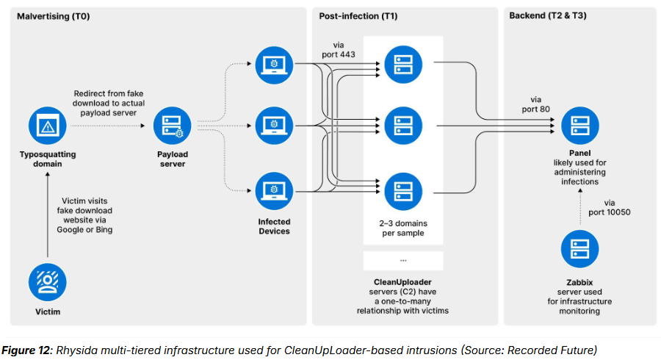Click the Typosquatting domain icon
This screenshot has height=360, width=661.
48,126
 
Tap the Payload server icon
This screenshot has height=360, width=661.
172,126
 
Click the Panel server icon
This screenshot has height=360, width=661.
576,126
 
